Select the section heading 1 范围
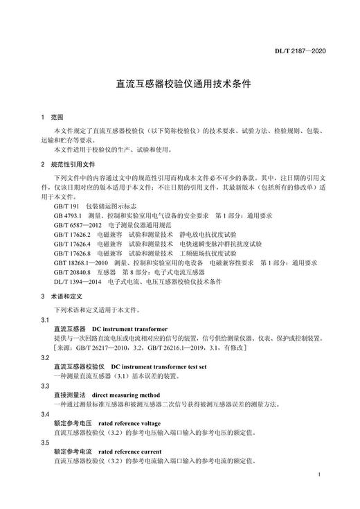51,117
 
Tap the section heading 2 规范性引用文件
67,165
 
